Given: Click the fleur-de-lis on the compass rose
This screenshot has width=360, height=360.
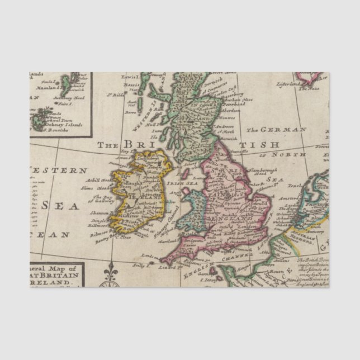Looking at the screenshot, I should click(110, 269).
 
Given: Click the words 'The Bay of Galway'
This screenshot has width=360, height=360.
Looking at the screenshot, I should click(103, 198).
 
